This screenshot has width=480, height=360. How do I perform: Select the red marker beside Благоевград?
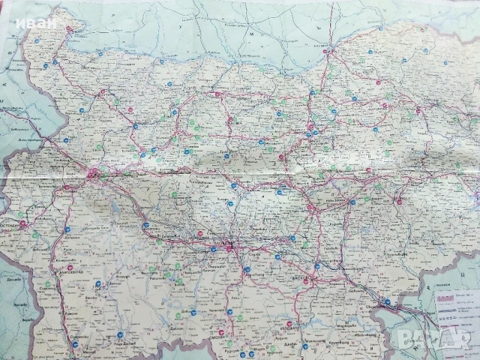click(69, 268)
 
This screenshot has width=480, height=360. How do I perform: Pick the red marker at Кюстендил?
click(22, 223)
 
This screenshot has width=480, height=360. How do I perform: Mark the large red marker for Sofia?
click(92, 176)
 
